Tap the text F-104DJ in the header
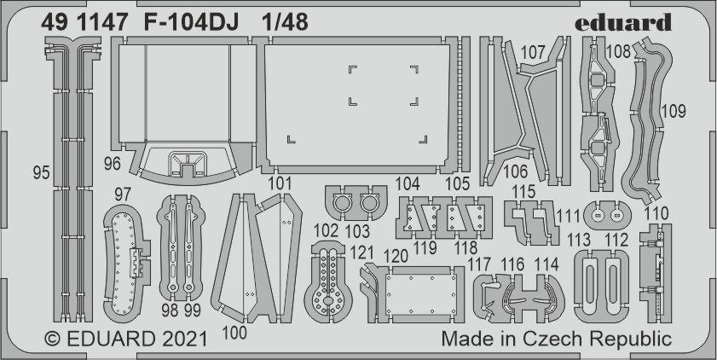(184, 24)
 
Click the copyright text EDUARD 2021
(125, 339)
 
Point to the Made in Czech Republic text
(556, 339)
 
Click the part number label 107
(533, 52)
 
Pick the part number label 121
(363, 253)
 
